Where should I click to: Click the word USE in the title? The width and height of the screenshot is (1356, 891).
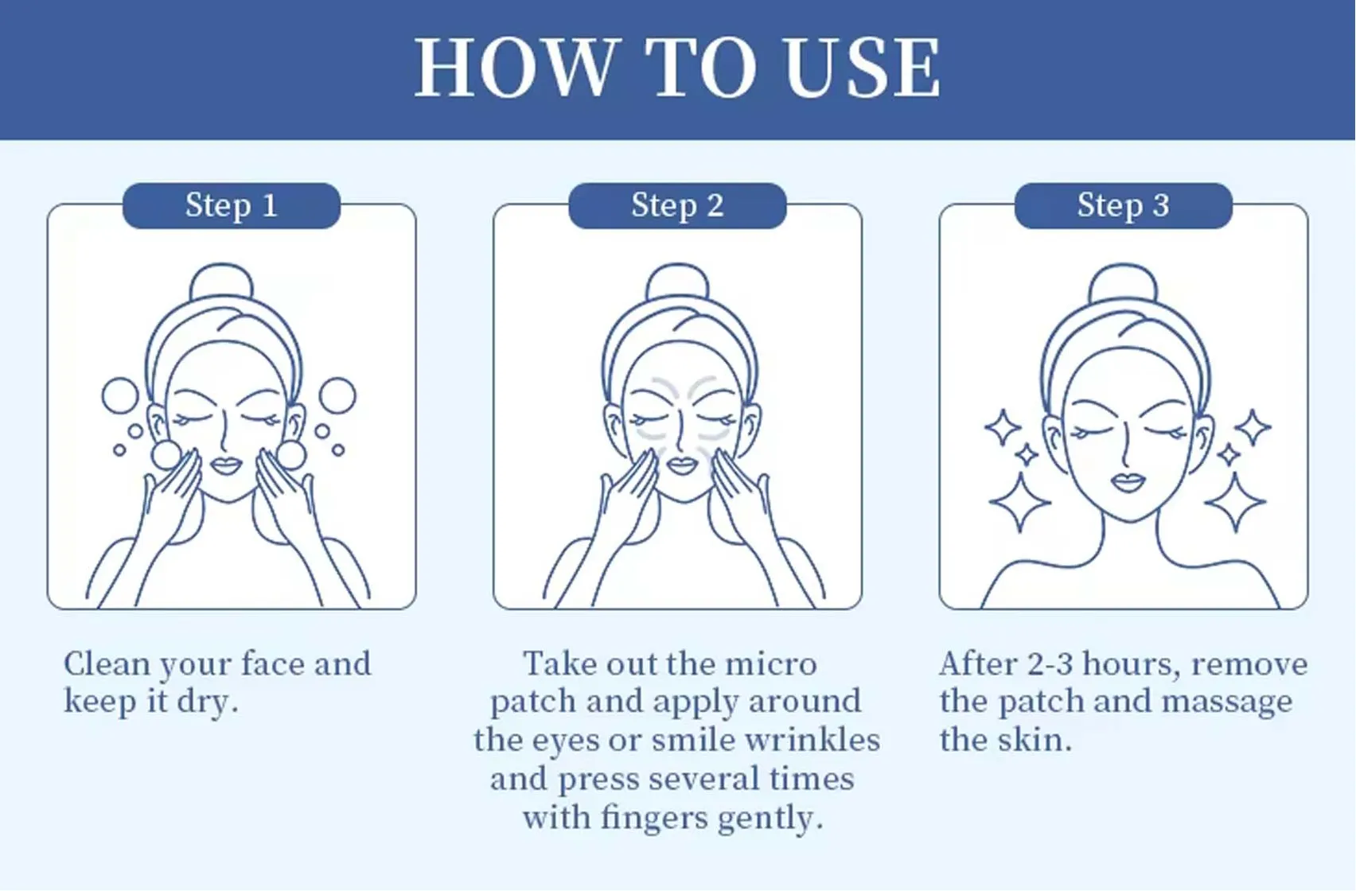pos(862,69)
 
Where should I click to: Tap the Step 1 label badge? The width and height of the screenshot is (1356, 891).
pos(232,206)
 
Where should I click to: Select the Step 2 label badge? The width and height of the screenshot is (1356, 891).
pos(677,206)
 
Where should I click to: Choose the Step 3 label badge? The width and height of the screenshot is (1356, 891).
pos(1123,206)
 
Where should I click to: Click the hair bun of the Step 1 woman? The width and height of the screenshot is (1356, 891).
pos(221,282)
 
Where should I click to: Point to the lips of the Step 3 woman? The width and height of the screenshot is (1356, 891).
pos(1128,481)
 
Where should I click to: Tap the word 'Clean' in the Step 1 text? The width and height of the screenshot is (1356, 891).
pos(107,664)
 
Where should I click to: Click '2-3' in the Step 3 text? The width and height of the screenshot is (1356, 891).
pos(1050,664)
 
